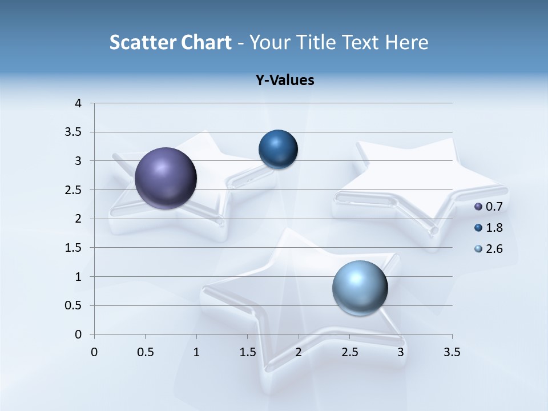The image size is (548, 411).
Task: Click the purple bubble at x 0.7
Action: [x=166, y=178]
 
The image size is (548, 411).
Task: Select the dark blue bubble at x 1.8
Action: [x=278, y=149]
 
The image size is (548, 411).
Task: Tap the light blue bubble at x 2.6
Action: [x=360, y=288]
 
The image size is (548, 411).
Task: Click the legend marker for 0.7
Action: [x=478, y=207]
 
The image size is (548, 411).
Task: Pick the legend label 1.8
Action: [x=494, y=228]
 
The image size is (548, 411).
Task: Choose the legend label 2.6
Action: [x=494, y=249]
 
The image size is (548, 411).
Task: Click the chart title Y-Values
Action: [x=285, y=80]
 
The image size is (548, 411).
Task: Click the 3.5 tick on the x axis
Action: [x=452, y=352]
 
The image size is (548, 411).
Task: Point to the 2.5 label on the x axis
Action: [x=349, y=352]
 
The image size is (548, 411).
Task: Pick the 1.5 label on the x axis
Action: [x=247, y=352]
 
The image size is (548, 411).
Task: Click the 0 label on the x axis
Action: [x=94, y=352]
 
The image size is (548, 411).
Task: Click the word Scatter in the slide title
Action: [x=142, y=42]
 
